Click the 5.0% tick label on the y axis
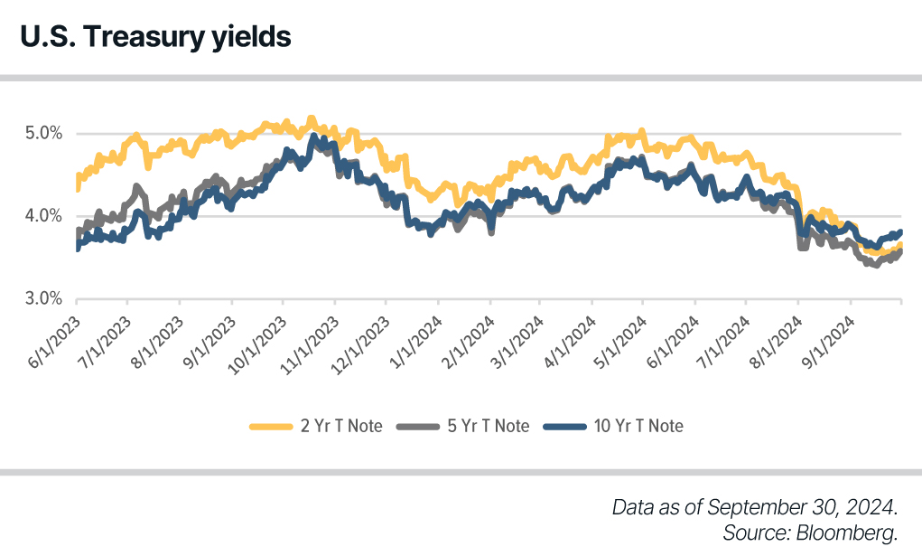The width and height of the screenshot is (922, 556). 43,134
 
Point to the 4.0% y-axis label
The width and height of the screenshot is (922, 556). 43,216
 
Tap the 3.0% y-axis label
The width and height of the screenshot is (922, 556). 43,298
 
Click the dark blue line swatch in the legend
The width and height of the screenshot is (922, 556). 564,426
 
